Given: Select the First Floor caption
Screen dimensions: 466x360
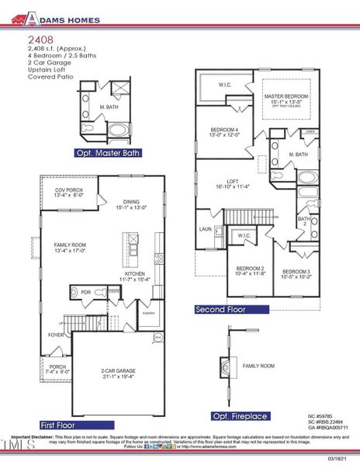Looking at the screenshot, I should [x=59, y=425].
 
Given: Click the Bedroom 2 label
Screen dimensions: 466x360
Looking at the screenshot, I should [x=250, y=271].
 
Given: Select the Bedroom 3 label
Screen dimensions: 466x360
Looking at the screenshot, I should [x=296, y=273].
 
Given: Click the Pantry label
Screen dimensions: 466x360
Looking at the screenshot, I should [x=149, y=314].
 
